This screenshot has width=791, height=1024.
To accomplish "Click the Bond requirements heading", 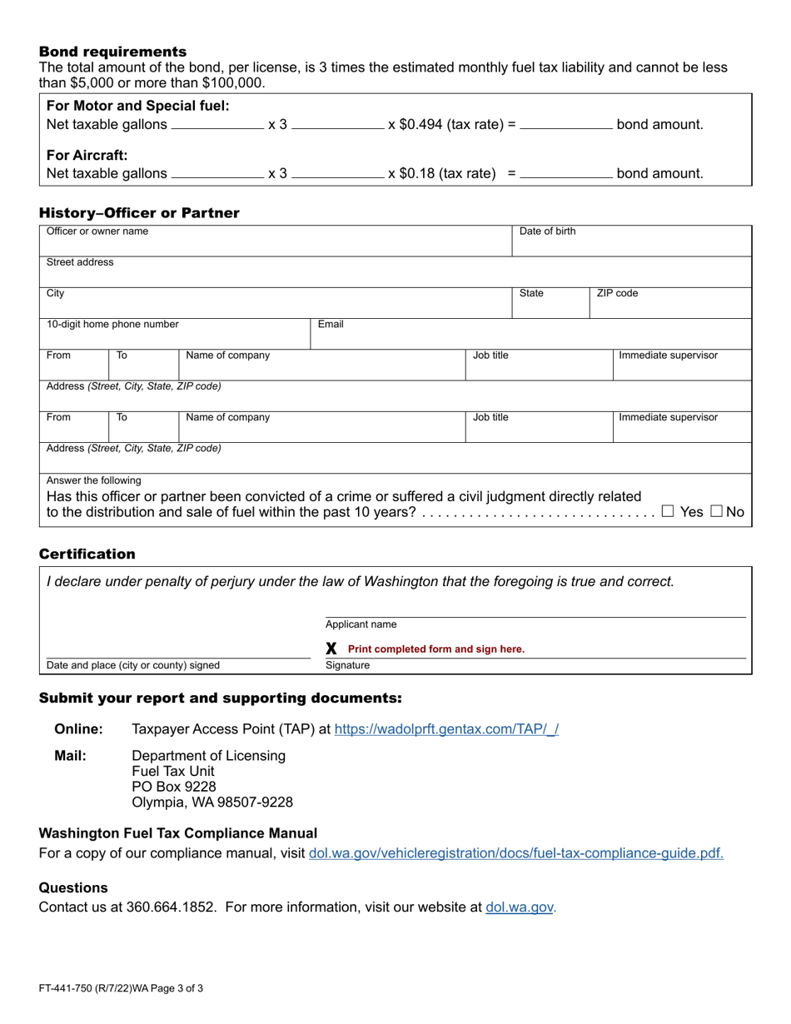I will (112, 52).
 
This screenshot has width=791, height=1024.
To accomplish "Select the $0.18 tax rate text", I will (442, 174).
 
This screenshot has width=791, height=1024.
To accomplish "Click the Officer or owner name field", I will (275, 241).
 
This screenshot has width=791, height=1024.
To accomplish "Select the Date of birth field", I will (631, 241).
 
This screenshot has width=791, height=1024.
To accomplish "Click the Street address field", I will (395, 272).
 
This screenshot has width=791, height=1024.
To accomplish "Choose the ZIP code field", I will (670, 304).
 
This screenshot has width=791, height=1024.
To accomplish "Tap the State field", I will (550, 304).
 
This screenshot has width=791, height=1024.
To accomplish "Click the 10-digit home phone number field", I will (175, 335).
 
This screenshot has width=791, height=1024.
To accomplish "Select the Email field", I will (531, 335).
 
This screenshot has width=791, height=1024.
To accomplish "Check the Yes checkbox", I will (668, 512).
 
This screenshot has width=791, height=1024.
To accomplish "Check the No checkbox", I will (716, 512).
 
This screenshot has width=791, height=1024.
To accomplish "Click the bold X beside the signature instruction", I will (331, 649).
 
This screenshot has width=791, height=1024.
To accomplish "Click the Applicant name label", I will (361, 624).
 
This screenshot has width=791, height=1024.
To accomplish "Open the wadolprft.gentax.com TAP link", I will (446, 729).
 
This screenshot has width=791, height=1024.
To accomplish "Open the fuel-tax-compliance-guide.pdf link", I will (515, 853).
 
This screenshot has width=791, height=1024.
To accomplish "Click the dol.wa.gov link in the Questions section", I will (520, 907).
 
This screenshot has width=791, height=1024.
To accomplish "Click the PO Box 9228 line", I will (174, 787).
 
